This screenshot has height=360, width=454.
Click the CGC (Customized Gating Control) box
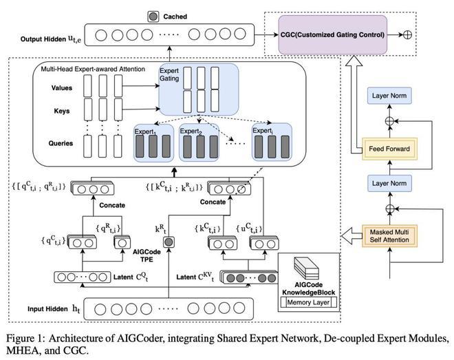pyautogui.click(x=333, y=34)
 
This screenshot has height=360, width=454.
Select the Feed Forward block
pyautogui.click(x=389, y=149)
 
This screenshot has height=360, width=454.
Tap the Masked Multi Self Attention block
pyautogui.click(x=389, y=236)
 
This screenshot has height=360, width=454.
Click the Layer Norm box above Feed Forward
pyautogui.click(x=389, y=96)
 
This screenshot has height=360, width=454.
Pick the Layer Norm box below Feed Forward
pyautogui.click(x=389, y=183)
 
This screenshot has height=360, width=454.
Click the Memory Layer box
pyautogui.click(x=308, y=302)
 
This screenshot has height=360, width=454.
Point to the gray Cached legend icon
pyautogui.click(x=153, y=17)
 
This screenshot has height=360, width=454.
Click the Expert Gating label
pyautogui.click(x=169, y=75)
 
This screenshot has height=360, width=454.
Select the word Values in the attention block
pyautogui.click(x=62, y=88)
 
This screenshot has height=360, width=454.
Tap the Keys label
pyautogui.click(x=62, y=112)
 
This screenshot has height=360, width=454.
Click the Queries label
pyautogui.click(x=61, y=143)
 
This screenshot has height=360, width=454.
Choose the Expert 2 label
pyautogui.click(x=191, y=131)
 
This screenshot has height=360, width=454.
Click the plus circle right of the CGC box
pyautogui.click(x=407, y=34)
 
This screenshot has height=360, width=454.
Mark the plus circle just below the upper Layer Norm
pyautogui.click(x=390, y=121)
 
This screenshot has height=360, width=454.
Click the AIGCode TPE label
pyautogui.click(x=147, y=256)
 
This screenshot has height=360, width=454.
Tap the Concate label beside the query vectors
pyautogui.click(x=112, y=205)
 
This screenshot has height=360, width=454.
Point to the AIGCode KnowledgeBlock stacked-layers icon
pyautogui.click(x=306, y=268)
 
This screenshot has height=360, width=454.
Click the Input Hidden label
pyautogui.click(x=47, y=309)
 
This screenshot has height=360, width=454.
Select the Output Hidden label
pyautogui.click(x=43, y=39)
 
